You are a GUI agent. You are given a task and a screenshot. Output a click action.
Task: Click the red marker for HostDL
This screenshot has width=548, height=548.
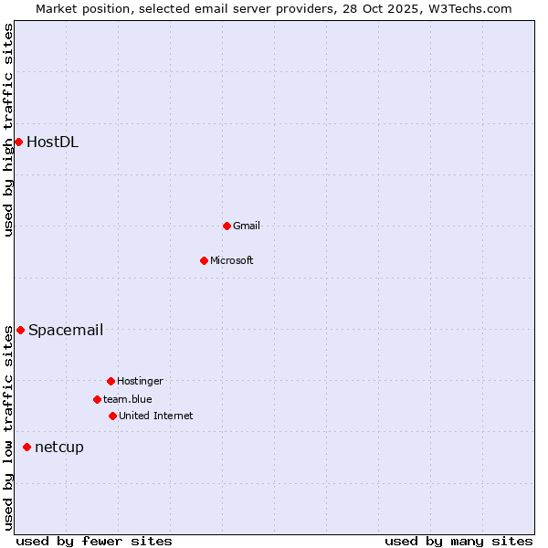tap(18, 142)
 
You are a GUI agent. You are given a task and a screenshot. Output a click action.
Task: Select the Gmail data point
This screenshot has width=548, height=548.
tap(227, 226)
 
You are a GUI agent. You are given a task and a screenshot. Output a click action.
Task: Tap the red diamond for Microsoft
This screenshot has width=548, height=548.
tap(204, 260)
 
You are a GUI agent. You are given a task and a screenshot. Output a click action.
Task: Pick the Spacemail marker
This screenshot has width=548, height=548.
tap(20, 330)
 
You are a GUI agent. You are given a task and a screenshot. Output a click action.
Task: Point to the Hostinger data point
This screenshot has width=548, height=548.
tap(111, 381)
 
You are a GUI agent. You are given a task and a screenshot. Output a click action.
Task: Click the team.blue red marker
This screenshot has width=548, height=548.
tap(97, 399)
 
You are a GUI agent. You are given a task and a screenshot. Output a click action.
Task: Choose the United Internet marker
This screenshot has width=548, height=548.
tap(112, 416)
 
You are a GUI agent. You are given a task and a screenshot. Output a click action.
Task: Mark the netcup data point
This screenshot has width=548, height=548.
tap(26, 447)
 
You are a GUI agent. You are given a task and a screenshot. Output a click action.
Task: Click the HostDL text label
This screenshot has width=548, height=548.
tap(52, 142)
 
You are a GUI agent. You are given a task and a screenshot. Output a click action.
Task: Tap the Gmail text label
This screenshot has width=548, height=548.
tap(247, 226)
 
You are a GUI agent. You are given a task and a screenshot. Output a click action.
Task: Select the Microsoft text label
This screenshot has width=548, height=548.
tap(232, 260)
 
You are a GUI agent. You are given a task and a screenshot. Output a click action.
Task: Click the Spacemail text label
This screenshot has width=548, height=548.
tap(66, 330)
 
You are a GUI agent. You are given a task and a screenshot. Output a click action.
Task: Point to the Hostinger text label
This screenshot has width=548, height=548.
tap(140, 381)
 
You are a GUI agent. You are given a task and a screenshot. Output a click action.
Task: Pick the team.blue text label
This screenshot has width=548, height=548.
tap(128, 399)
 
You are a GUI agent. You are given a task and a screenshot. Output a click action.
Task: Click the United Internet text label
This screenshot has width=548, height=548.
tap(156, 416)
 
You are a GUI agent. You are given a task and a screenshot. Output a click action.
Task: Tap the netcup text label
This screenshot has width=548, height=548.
tap(59, 447)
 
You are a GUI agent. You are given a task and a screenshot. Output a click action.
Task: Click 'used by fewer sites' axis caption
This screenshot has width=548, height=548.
tap(94, 541)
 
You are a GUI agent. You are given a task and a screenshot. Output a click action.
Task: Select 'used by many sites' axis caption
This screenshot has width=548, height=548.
tap(458, 541)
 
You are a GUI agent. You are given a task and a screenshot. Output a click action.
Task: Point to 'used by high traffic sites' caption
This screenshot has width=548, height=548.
tap(8, 130)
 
